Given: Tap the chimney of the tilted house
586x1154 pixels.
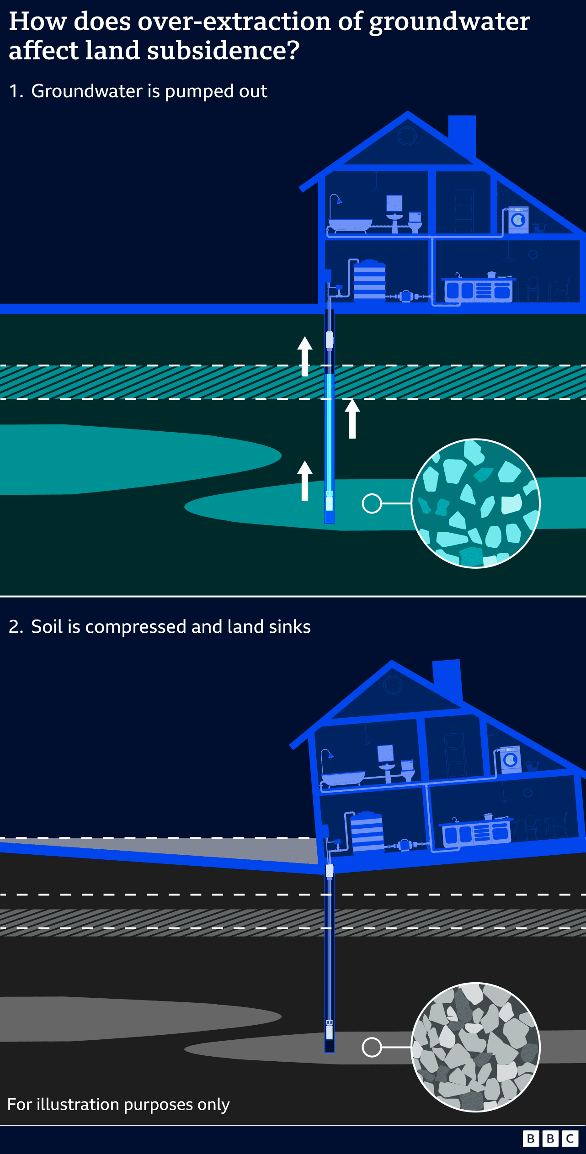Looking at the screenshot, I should click(447, 678).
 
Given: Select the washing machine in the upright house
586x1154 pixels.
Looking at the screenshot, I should click(518, 220).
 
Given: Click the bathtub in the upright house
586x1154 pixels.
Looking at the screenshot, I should click(350, 225).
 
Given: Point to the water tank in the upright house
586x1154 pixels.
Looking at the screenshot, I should click(369, 280).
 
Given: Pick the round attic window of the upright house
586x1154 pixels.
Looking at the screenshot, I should click(406, 136).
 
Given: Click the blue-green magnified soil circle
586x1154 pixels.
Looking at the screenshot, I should click(475, 503).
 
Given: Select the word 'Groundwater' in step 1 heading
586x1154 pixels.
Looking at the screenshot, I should click(87, 91).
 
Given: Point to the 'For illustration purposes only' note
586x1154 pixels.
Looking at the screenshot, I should click(118, 1104).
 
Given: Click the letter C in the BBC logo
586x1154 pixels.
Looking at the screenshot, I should click(570, 1138).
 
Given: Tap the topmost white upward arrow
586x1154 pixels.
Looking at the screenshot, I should click(305, 356).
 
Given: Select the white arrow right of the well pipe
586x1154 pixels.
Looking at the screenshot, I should click(352, 418).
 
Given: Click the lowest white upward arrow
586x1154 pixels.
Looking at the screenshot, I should click(305, 481).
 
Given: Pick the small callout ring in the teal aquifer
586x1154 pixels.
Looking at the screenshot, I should click(372, 503).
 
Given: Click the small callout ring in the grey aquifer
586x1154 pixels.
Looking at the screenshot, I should click(372, 1047).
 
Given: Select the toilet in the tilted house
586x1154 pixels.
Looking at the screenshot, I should click(408, 770).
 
